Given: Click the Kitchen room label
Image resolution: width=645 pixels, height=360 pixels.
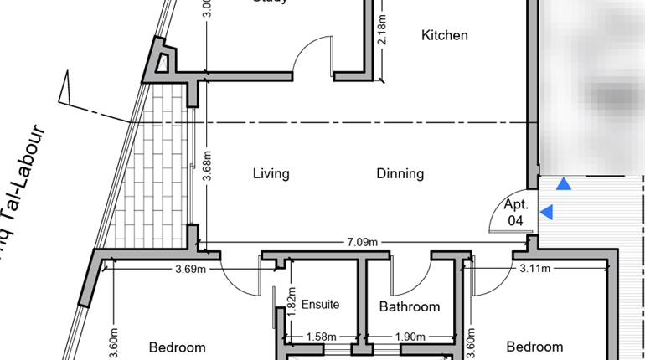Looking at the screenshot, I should pos(444,35).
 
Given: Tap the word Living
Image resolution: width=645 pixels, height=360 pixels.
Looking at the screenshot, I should pos(271,174).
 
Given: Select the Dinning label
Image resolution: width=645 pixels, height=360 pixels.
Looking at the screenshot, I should pos(400,174).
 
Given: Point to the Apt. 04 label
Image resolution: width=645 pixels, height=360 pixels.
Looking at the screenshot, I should pos(516,213).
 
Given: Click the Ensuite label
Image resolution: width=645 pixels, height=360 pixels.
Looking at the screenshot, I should pos(320,304).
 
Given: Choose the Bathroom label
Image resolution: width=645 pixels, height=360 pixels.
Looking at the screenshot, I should pos(410,306).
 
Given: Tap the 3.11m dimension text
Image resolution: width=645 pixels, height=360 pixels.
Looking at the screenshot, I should pos(534,269).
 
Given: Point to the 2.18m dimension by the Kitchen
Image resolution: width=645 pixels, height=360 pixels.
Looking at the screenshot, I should pos(381,33).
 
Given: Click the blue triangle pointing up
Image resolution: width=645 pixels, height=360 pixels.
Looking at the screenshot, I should pos(565,184).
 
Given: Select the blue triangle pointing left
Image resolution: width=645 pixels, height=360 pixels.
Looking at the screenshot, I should pos(546,213).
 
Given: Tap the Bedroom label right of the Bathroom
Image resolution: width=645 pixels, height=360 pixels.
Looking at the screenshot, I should pos(534,347).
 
